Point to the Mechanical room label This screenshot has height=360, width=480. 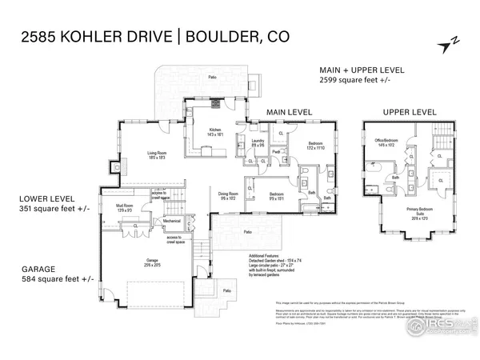coord(172,221)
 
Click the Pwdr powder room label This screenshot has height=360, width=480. coord(274,151)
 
